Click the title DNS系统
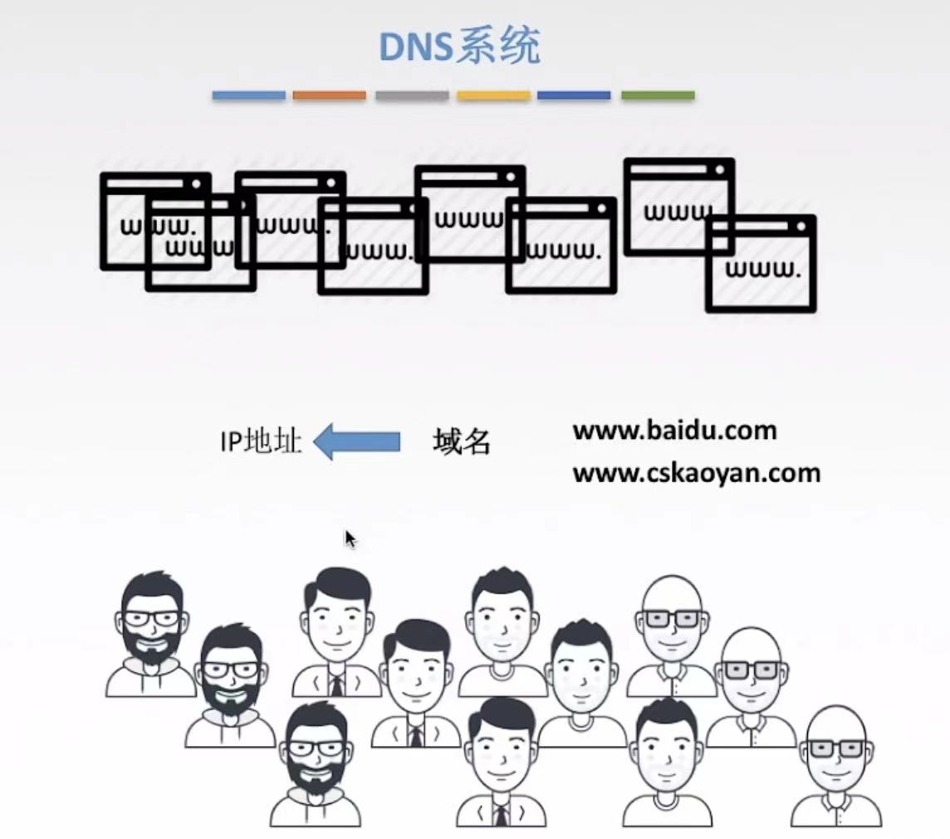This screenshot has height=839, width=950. (x=459, y=48)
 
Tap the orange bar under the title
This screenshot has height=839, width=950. (x=329, y=95)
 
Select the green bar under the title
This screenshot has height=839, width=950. (x=658, y=95)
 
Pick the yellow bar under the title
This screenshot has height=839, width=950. (x=493, y=95)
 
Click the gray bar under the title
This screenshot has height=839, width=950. (x=412, y=95)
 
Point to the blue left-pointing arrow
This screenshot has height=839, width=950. (x=357, y=441)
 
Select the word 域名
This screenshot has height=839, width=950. (x=462, y=442)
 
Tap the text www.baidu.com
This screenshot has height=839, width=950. (x=674, y=431)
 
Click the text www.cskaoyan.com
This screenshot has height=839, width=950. (x=696, y=473)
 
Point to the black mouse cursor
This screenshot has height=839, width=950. (x=350, y=539)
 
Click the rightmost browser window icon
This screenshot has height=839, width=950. (x=761, y=264)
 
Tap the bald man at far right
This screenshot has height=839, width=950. (x=836, y=768)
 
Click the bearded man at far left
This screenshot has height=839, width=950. (x=151, y=635)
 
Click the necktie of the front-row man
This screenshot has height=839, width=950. (x=500, y=814)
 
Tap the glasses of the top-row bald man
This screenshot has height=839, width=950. (x=673, y=618)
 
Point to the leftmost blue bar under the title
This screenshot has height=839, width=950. (x=248, y=95)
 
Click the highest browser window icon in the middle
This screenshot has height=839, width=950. (x=470, y=212)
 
